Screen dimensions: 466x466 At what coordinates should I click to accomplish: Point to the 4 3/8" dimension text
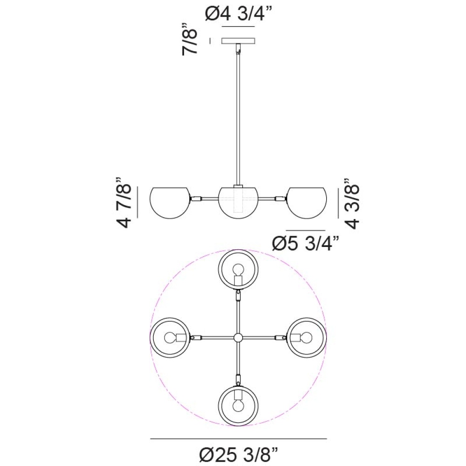coord(351,203)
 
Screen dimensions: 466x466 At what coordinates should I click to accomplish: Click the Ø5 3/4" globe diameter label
coord(306,244)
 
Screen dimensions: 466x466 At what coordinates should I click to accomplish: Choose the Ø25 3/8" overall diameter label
coord(238,454)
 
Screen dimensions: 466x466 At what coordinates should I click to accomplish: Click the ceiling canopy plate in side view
coord(238,41)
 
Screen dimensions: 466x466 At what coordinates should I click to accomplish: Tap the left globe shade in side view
coord(170,203)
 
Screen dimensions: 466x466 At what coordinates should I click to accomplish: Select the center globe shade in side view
coord(238,203)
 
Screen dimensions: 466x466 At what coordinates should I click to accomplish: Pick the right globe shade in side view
coord(307,203)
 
